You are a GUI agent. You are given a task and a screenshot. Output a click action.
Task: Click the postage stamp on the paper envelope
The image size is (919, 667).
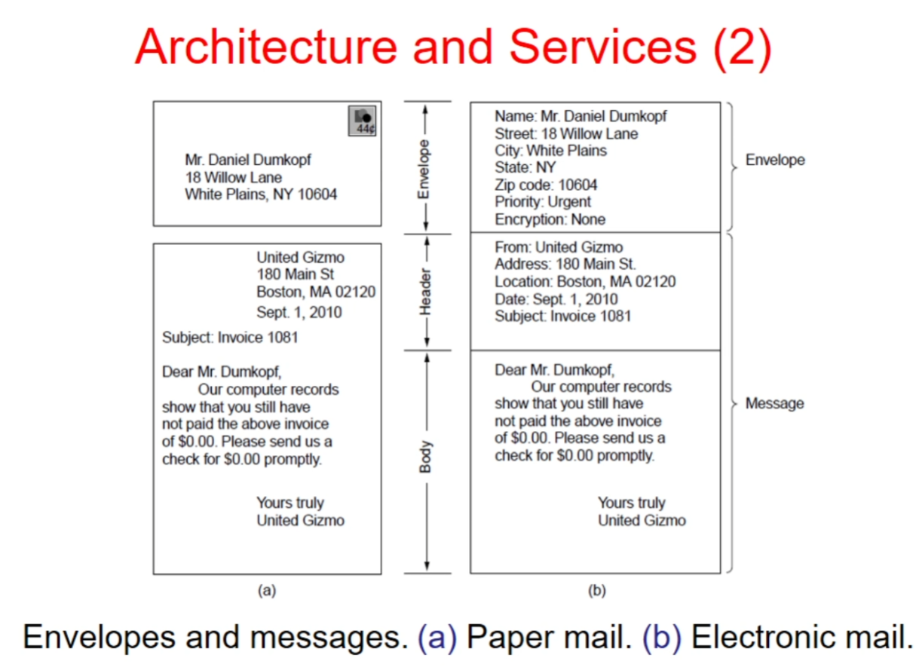click(363, 121)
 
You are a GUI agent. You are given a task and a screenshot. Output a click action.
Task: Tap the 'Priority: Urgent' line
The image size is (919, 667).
click(543, 202)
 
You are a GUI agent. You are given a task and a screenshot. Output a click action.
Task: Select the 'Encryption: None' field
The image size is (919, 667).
click(550, 220)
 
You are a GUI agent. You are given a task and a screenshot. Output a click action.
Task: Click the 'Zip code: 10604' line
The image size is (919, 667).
click(546, 185)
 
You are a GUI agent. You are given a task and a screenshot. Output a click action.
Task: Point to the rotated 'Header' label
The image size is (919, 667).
click(426, 292)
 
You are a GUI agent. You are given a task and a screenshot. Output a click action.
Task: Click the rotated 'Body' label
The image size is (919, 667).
click(426, 457)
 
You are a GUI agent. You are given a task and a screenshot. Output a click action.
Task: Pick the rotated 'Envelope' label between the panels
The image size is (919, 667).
click(424, 169)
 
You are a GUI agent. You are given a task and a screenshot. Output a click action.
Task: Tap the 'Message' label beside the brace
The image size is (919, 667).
click(774, 403)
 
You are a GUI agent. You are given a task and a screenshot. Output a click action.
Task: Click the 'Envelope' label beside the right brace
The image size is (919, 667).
click(775, 160)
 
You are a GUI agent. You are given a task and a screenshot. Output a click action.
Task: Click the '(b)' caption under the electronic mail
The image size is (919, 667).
click(596, 591)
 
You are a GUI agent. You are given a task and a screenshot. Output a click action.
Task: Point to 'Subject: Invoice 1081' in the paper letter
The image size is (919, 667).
click(230, 338)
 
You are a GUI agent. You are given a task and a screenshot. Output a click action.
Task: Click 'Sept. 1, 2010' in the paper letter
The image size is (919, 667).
click(299, 312)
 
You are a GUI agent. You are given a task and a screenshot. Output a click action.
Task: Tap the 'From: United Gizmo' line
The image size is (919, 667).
click(559, 247)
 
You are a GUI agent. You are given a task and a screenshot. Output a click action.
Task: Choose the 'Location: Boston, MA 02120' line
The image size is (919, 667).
click(585, 282)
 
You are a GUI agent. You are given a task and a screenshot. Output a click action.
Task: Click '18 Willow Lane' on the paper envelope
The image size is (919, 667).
click(234, 178)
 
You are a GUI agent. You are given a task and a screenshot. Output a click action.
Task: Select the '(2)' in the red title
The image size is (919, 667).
click(741, 47)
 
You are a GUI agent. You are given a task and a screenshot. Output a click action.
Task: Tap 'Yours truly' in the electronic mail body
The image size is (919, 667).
click(631, 503)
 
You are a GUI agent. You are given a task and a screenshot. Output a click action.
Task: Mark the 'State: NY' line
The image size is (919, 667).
click(525, 167)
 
